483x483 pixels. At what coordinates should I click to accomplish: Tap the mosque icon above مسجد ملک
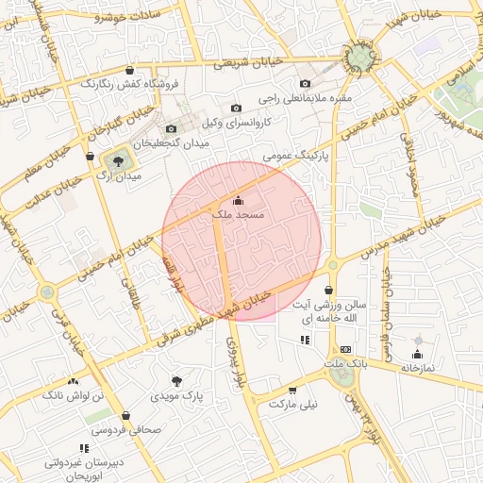click(237, 200)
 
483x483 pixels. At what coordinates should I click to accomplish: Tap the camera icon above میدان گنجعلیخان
click(171, 128)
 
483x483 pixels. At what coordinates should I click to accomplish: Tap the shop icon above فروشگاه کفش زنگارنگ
click(129, 70)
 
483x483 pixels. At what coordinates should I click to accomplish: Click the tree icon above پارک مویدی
click(176, 380)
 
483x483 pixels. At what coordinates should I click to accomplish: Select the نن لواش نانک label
click(73, 396)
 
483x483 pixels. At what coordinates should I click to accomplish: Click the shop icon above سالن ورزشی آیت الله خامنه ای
click(328, 290)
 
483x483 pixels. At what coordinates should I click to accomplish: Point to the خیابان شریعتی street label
click(241, 63)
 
